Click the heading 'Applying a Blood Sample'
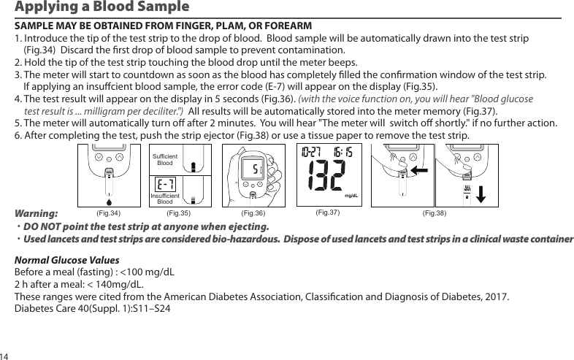(x=102, y=8)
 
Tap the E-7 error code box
(x=165, y=185)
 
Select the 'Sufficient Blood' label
(x=165, y=160)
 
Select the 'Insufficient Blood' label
(x=164, y=198)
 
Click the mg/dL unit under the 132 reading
(x=354, y=196)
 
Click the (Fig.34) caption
(x=108, y=214)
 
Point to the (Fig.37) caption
(x=327, y=213)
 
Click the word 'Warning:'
(x=37, y=215)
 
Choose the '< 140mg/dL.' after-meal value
(x=115, y=285)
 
